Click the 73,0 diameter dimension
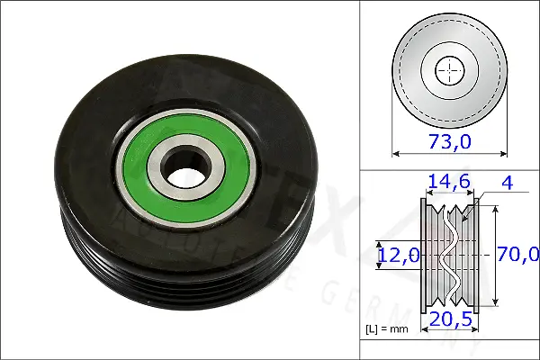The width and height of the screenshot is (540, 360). pyautogui.click(x=449, y=140)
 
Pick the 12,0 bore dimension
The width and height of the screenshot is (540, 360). pyautogui.click(x=398, y=255)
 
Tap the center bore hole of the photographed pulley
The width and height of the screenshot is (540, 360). pyautogui.click(x=184, y=168)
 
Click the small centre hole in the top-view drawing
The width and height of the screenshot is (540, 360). pyautogui.click(x=449, y=69)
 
